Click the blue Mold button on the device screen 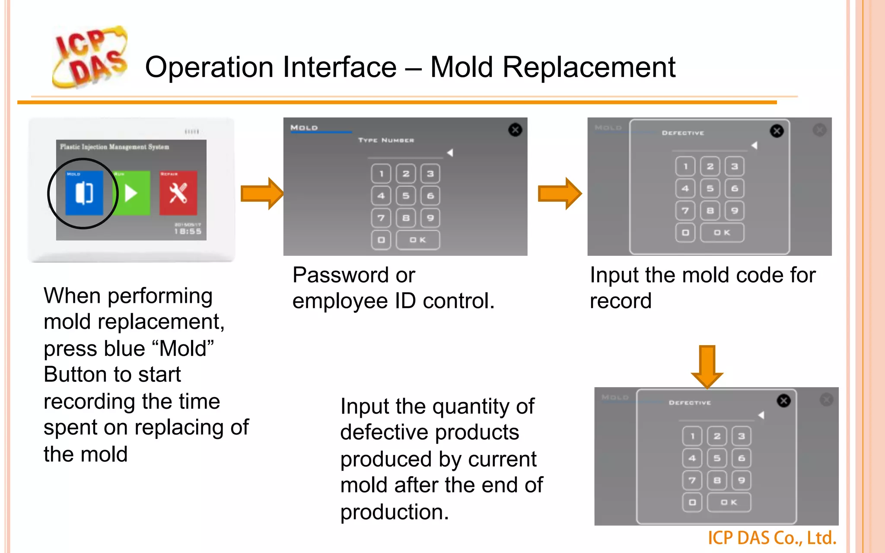pyautogui.click(x=84, y=193)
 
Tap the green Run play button pyautogui.click(x=131, y=193)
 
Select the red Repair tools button pyautogui.click(x=178, y=193)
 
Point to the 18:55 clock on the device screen pyautogui.click(x=188, y=232)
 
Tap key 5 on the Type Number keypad pyautogui.click(x=406, y=196)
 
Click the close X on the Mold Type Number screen pyautogui.click(x=515, y=130)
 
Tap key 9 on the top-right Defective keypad pyautogui.click(x=735, y=211)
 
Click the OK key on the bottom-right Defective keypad pyautogui.click(x=729, y=502)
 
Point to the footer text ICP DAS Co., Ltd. pyautogui.click(x=772, y=538)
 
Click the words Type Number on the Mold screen pyautogui.click(x=386, y=140)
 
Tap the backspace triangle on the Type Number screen pyautogui.click(x=450, y=153)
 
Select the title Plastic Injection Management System pyautogui.click(x=115, y=147)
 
